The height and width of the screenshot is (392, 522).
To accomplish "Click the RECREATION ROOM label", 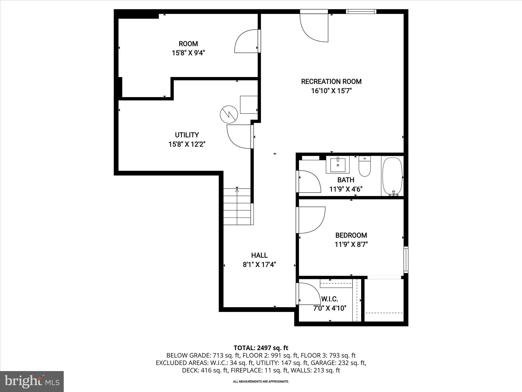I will [331, 82].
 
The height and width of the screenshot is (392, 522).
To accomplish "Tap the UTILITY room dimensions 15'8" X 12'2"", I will [187, 144].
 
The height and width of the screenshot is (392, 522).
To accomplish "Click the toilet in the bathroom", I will [364, 166].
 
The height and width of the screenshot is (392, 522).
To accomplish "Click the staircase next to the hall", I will [237, 206].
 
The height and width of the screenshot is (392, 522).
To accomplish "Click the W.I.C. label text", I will [330, 299].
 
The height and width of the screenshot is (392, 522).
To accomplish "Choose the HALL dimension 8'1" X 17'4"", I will [259, 265].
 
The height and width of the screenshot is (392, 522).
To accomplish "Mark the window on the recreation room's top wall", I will [361, 11].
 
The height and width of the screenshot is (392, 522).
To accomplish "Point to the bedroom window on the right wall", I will [406, 260].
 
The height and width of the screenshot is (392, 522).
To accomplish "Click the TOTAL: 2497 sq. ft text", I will [261, 348].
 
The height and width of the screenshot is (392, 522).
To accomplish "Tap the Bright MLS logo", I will [32, 381].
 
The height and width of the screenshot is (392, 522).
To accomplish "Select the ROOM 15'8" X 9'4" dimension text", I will [188, 53].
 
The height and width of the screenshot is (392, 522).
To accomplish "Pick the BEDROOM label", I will [351, 235].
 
